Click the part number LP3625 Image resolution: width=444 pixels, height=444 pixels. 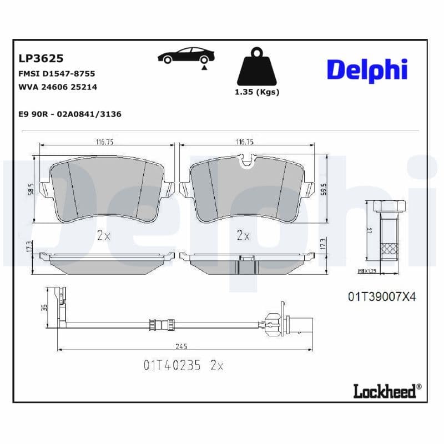point(41,58)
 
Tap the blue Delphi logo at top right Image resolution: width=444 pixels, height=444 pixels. point(367,70)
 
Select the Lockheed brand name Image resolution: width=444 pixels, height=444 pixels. point(385,391)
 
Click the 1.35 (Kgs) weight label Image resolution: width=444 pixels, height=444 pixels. point(257,92)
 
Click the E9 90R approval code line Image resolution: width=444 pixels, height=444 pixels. point(70,114)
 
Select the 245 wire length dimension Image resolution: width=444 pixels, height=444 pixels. point(181,346)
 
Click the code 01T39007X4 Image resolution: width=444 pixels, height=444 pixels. point(381,297)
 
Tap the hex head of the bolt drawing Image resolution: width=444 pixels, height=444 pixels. point(388,206)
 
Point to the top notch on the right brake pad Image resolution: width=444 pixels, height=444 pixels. point(245,161)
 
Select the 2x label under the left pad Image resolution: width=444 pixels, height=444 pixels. point(103,235)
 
